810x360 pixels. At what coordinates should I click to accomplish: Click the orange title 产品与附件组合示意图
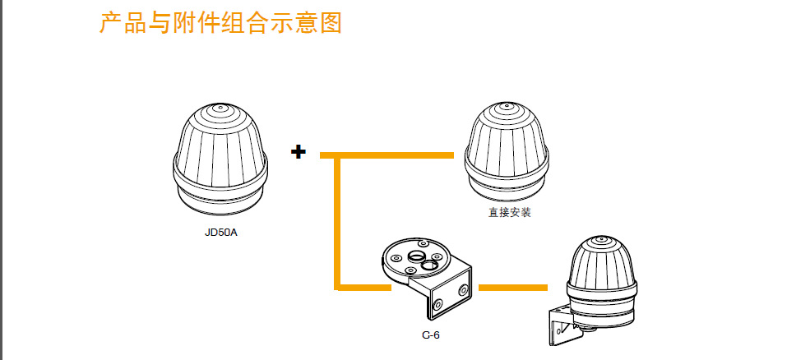tap(220, 22)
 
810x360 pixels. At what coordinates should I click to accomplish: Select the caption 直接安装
tap(509, 213)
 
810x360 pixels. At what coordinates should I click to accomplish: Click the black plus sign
tap(298, 152)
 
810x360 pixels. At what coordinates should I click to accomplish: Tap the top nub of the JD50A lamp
tap(220, 108)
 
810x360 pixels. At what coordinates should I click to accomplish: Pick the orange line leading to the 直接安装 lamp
tap(386, 155)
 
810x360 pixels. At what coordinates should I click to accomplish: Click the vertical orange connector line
tap(337, 222)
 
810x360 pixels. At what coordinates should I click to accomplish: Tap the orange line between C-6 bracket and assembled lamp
tap(512, 287)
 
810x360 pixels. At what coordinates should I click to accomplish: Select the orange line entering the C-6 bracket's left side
tap(362, 287)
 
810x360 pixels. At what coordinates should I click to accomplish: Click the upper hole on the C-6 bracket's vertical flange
tap(464, 288)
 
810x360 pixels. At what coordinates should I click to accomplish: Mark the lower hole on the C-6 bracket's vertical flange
tap(437, 306)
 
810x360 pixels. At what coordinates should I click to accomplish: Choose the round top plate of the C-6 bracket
tap(416, 258)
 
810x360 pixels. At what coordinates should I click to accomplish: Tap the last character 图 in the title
tap(330, 22)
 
